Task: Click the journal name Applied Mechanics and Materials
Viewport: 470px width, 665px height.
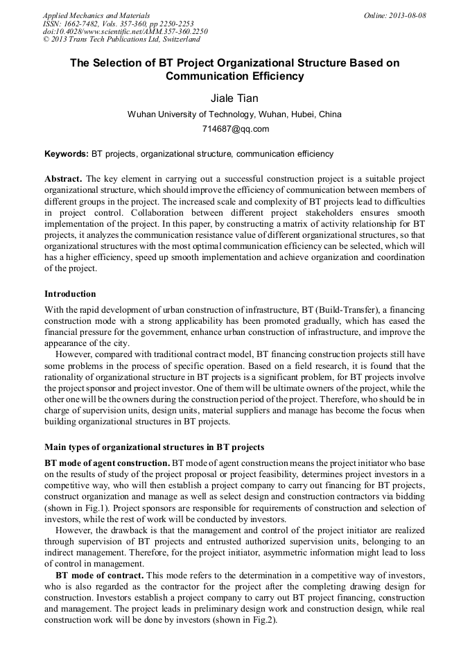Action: [x=96, y=15]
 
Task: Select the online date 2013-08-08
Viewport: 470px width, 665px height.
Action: [x=395, y=15]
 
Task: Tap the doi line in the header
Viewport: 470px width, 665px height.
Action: [x=125, y=32]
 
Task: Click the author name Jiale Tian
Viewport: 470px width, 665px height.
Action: [x=234, y=98]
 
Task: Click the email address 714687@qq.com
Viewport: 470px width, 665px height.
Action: [x=235, y=129]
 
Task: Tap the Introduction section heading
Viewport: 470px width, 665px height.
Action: [x=70, y=294]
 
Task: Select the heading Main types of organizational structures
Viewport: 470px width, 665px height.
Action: [x=154, y=447]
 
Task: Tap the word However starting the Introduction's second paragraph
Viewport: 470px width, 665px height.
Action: [x=76, y=353]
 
